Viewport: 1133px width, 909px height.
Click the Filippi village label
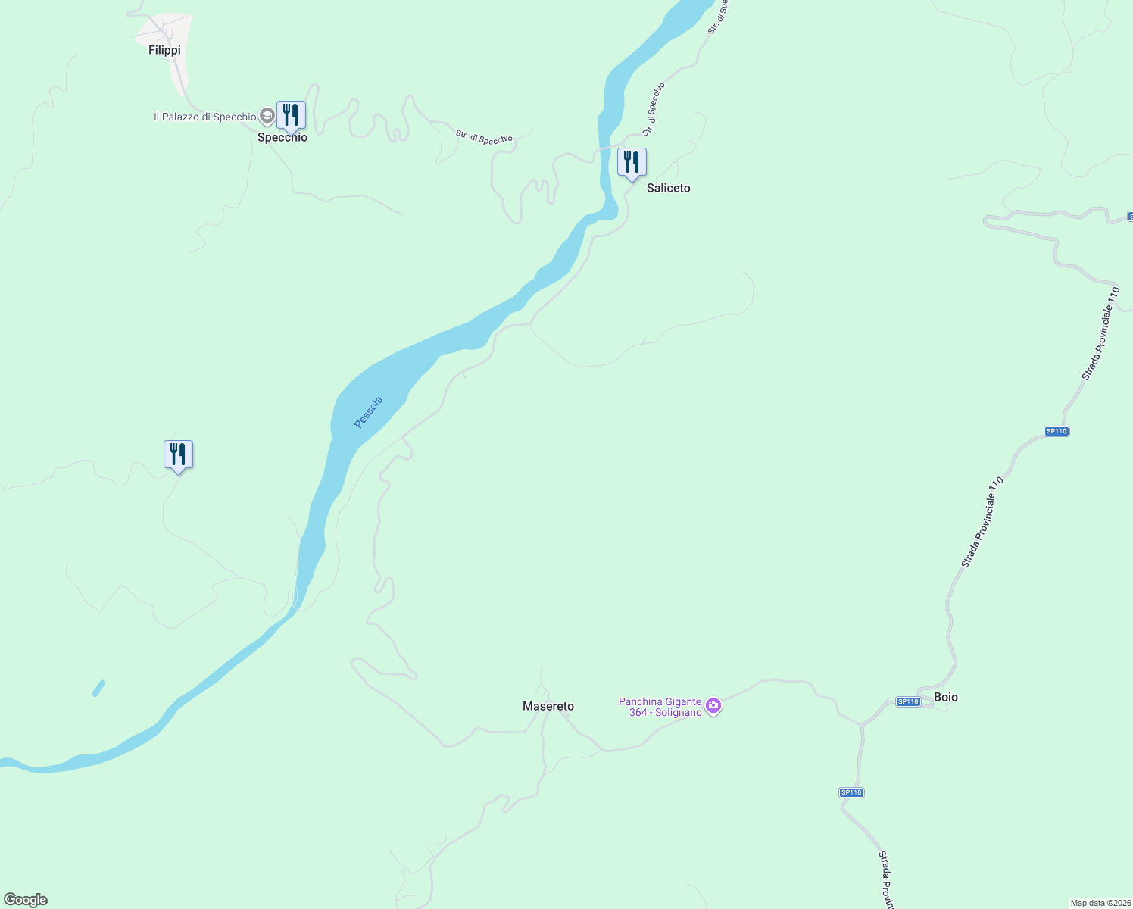point(164,50)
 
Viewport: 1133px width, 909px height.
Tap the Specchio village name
point(282,138)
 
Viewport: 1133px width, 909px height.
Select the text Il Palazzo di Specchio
point(204,117)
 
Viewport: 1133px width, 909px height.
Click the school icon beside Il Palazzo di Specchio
point(267,116)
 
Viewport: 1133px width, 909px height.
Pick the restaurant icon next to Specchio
point(291,115)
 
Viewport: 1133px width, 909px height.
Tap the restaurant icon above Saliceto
point(632,162)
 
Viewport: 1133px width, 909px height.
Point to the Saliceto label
point(668,188)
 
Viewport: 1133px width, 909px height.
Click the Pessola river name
point(369,412)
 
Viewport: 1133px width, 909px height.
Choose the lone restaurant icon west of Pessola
point(178,454)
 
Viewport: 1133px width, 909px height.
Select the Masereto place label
point(548,706)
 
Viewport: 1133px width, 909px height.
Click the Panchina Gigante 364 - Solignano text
point(660,708)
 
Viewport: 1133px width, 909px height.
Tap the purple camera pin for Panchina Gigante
point(713,706)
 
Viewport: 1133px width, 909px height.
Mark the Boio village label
point(946,697)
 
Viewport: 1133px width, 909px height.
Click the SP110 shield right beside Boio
point(908,701)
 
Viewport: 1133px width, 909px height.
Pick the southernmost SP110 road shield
point(851,792)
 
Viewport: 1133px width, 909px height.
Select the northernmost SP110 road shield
point(1056,431)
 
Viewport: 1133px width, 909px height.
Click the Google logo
point(26,900)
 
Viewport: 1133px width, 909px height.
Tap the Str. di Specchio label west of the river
point(484,138)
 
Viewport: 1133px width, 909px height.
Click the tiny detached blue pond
point(98,688)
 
